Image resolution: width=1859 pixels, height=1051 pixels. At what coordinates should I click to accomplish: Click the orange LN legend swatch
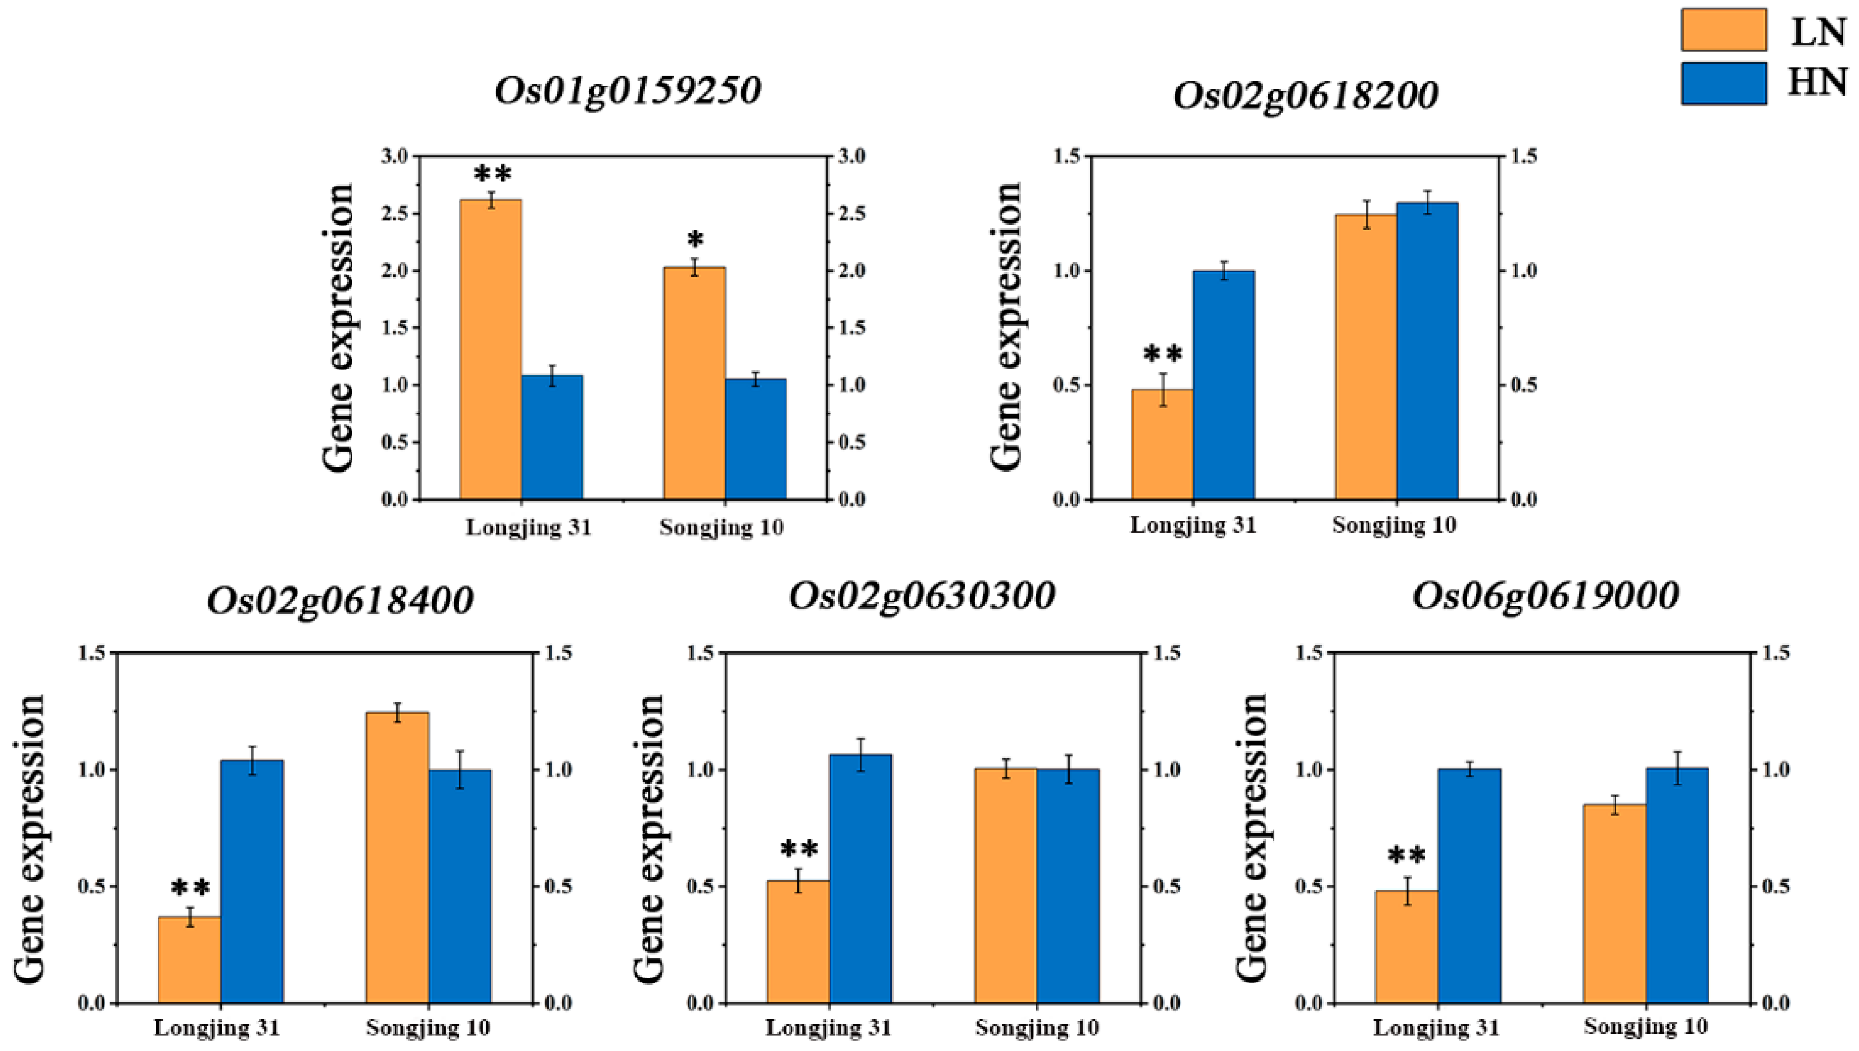point(1723,30)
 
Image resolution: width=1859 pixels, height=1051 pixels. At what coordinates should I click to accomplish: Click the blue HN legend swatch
point(1723,84)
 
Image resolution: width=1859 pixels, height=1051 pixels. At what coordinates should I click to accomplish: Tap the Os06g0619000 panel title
point(1546,597)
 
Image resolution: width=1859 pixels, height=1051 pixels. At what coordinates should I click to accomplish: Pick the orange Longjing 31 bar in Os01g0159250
point(491,350)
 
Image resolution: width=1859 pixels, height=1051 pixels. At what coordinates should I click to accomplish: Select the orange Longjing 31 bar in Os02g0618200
point(1162,444)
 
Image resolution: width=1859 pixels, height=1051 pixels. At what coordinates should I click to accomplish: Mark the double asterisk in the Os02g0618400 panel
point(190,888)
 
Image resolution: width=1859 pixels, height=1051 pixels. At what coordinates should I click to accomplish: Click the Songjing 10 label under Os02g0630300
point(1037,1027)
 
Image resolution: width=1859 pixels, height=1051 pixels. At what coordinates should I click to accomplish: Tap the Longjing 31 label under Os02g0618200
point(1193,525)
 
